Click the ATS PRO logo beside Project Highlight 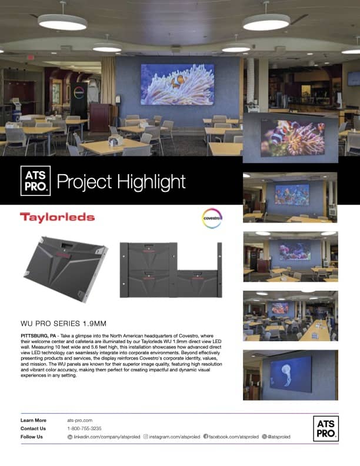[35, 181]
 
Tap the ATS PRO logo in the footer [326, 428]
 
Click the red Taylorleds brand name [57, 217]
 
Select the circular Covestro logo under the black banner [212, 218]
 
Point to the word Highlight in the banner [152, 182]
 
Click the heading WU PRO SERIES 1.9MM [64, 324]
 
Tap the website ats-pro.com [79, 420]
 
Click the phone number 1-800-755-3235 [84, 428]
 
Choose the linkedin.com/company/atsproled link [104, 437]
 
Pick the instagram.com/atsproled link [172, 437]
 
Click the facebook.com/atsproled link [231, 437]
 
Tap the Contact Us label [34, 428]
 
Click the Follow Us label [32, 437]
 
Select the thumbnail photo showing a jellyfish [291, 375]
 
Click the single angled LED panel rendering [66, 269]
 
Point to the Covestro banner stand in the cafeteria [79, 101]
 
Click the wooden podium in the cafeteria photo [99, 117]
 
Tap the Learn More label [34, 420]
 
